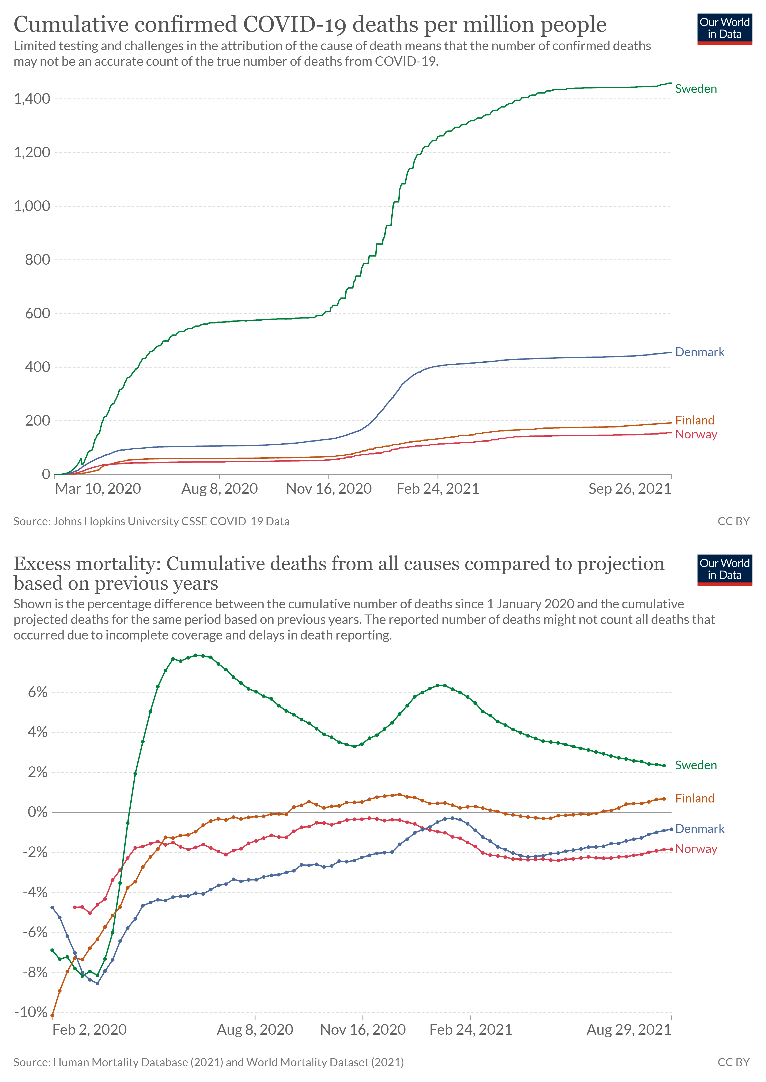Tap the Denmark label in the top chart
click(x=700, y=352)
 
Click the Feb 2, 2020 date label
click(x=90, y=1030)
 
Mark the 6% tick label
click(x=38, y=692)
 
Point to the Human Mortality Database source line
click(x=208, y=1062)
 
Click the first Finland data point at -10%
click(x=52, y=1016)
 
